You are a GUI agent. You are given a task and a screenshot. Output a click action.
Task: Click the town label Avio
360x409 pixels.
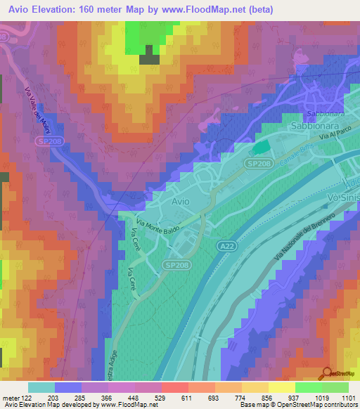(181, 201)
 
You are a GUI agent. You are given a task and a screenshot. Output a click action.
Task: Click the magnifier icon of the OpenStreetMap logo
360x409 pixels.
(328, 373)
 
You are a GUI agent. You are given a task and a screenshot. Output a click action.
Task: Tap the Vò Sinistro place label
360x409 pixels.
(344, 199)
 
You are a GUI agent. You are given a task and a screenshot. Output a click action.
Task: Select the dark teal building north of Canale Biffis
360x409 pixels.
(260, 148)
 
